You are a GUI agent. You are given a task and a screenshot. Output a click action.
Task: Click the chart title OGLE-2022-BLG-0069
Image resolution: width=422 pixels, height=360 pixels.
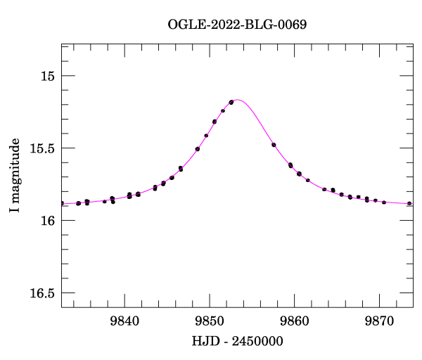(237, 24)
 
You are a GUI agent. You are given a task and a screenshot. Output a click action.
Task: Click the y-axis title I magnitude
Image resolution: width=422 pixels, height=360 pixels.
(15, 176)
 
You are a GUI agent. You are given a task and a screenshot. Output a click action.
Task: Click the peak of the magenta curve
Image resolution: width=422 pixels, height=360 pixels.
(237, 100)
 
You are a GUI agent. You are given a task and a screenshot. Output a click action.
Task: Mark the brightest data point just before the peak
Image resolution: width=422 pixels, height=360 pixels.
(231, 102)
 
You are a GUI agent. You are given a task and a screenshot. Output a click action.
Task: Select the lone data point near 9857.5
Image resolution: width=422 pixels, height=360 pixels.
(274, 145)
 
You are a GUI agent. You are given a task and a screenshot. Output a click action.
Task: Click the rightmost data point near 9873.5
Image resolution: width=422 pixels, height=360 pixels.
(409, 203)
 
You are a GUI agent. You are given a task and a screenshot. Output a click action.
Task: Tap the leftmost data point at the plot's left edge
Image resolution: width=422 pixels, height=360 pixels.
(62, 202)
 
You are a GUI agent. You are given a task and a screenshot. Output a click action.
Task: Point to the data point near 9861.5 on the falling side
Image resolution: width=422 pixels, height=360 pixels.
(308, 180)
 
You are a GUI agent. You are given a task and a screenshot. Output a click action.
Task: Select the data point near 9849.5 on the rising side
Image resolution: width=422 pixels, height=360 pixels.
(206, 135)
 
